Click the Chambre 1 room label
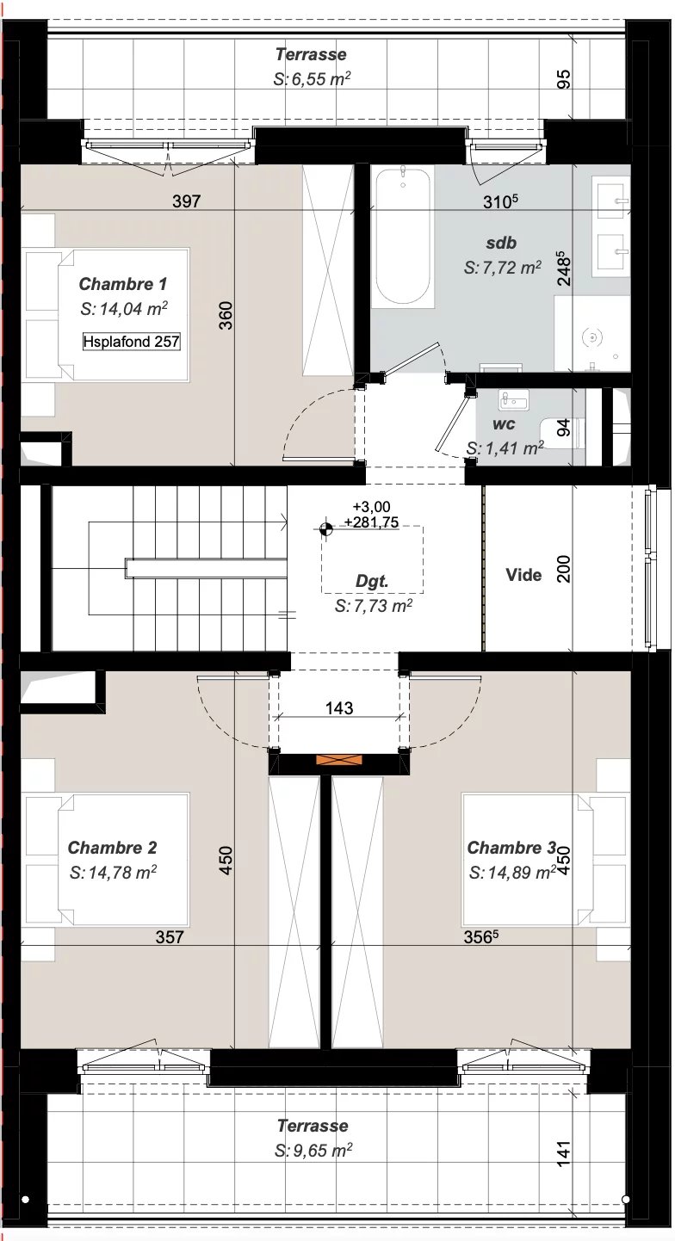122,284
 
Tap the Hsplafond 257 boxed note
132,342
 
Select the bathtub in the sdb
402,237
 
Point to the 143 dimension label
339,708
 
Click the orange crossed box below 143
339,760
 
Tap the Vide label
523,575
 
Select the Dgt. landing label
372,582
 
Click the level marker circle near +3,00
325,529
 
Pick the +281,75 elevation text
371,522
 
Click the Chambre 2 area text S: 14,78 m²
113,873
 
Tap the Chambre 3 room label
511,848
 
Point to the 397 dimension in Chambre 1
186,201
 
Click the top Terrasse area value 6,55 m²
313,79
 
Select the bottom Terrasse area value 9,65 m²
313,1151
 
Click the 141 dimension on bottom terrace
563,1153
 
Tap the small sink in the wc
513,400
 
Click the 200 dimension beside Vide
564,568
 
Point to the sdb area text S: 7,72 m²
503,269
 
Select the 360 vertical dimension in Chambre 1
226,315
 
